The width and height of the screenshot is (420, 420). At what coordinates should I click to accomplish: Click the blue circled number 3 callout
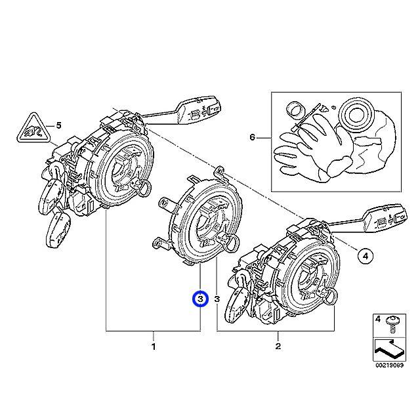199,299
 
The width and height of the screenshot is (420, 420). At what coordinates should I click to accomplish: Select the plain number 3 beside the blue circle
216,299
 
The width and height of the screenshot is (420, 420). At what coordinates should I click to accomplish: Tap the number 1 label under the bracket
154,346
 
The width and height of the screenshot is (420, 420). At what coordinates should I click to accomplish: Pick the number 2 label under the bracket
278,346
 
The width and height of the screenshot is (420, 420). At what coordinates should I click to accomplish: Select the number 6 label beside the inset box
251,138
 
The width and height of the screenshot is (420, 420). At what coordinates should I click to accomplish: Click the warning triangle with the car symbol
31,127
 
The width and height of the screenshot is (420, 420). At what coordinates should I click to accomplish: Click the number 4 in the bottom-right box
377,320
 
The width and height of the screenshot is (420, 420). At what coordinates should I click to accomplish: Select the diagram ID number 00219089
388,366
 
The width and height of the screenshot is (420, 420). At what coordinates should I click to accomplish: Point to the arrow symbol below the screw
388,348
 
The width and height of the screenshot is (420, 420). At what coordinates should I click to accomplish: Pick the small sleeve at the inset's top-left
295,108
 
